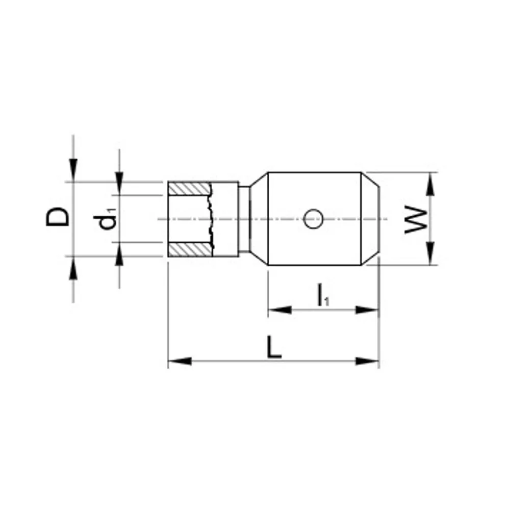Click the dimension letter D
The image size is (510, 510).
click(x=58, y=217)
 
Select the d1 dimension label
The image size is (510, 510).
click(x=105, y=220)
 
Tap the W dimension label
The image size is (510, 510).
click(x=416, y=219)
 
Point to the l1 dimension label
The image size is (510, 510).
click(x=323, y=295)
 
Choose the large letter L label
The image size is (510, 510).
click(x=274, y=347)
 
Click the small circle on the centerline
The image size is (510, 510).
click(x=313, y=219)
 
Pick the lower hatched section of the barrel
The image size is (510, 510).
click(x=191, y=249)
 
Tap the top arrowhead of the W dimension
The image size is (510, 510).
click(x=430, y=184)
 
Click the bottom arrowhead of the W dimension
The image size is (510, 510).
click(x=430, y=253)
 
